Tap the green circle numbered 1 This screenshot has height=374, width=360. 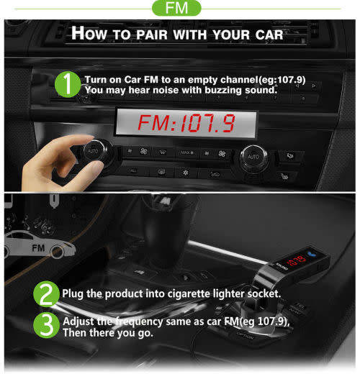[x=67, y=83]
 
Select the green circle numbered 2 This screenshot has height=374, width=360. [x=46, y=293]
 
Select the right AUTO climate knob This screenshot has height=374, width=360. [x=252, y=156]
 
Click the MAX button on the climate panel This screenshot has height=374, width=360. [x=186, y=152]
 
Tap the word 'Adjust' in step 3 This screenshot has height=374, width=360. [x=79, y=321]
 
